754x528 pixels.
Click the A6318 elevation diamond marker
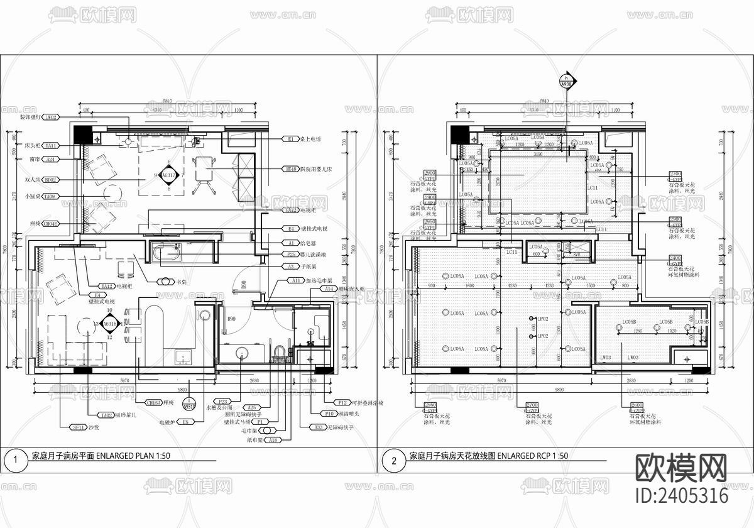(109, 324)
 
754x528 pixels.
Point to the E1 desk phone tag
(291, 139)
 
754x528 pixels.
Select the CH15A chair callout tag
(154, 403)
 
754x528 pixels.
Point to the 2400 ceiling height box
(675, 258)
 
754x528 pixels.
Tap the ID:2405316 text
(682, 496)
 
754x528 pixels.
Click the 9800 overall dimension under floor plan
(182, 390)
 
